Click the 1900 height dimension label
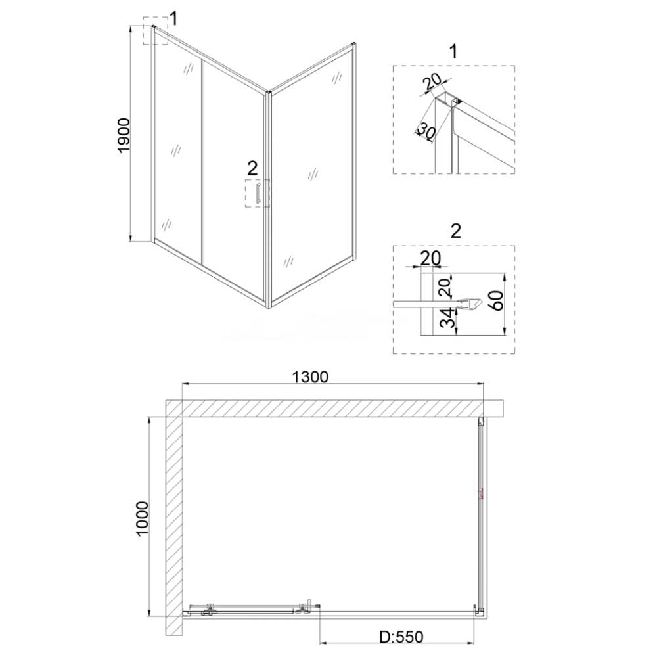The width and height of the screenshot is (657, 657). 124,136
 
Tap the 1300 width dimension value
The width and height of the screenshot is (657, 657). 310,377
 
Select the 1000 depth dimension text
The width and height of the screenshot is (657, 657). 143,518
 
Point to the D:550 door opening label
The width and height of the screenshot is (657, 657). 401,637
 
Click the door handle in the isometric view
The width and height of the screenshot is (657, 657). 258,193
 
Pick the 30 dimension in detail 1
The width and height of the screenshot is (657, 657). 426,132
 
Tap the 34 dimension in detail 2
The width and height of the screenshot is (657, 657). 447,318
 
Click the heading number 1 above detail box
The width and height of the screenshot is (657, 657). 453,51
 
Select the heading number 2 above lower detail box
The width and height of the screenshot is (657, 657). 455,231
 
